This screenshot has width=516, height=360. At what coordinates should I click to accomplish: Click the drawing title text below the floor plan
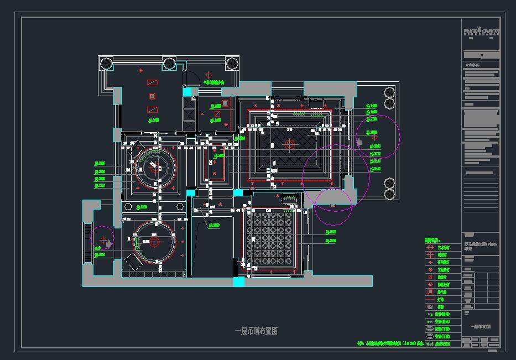(x=256, y=331)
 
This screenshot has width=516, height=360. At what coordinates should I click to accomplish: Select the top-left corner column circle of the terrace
(x=105, y=64)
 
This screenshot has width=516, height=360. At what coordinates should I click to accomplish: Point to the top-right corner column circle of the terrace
(x=232, y=63)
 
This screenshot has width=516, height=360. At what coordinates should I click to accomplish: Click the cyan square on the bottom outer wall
(x=238, y=282)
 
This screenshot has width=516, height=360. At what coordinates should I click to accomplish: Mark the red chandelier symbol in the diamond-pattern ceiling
(x=289, y=144)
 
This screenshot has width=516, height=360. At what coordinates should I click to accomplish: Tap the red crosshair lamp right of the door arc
(x=209, y=75)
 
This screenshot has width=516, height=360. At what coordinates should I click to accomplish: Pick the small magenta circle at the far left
(x=102, y=238)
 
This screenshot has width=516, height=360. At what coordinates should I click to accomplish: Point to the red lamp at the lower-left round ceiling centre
(x=154, y=242)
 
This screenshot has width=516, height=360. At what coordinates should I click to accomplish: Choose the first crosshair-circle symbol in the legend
(x=430, y=248)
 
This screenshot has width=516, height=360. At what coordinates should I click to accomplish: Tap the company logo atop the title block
(x=482, y=32)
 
